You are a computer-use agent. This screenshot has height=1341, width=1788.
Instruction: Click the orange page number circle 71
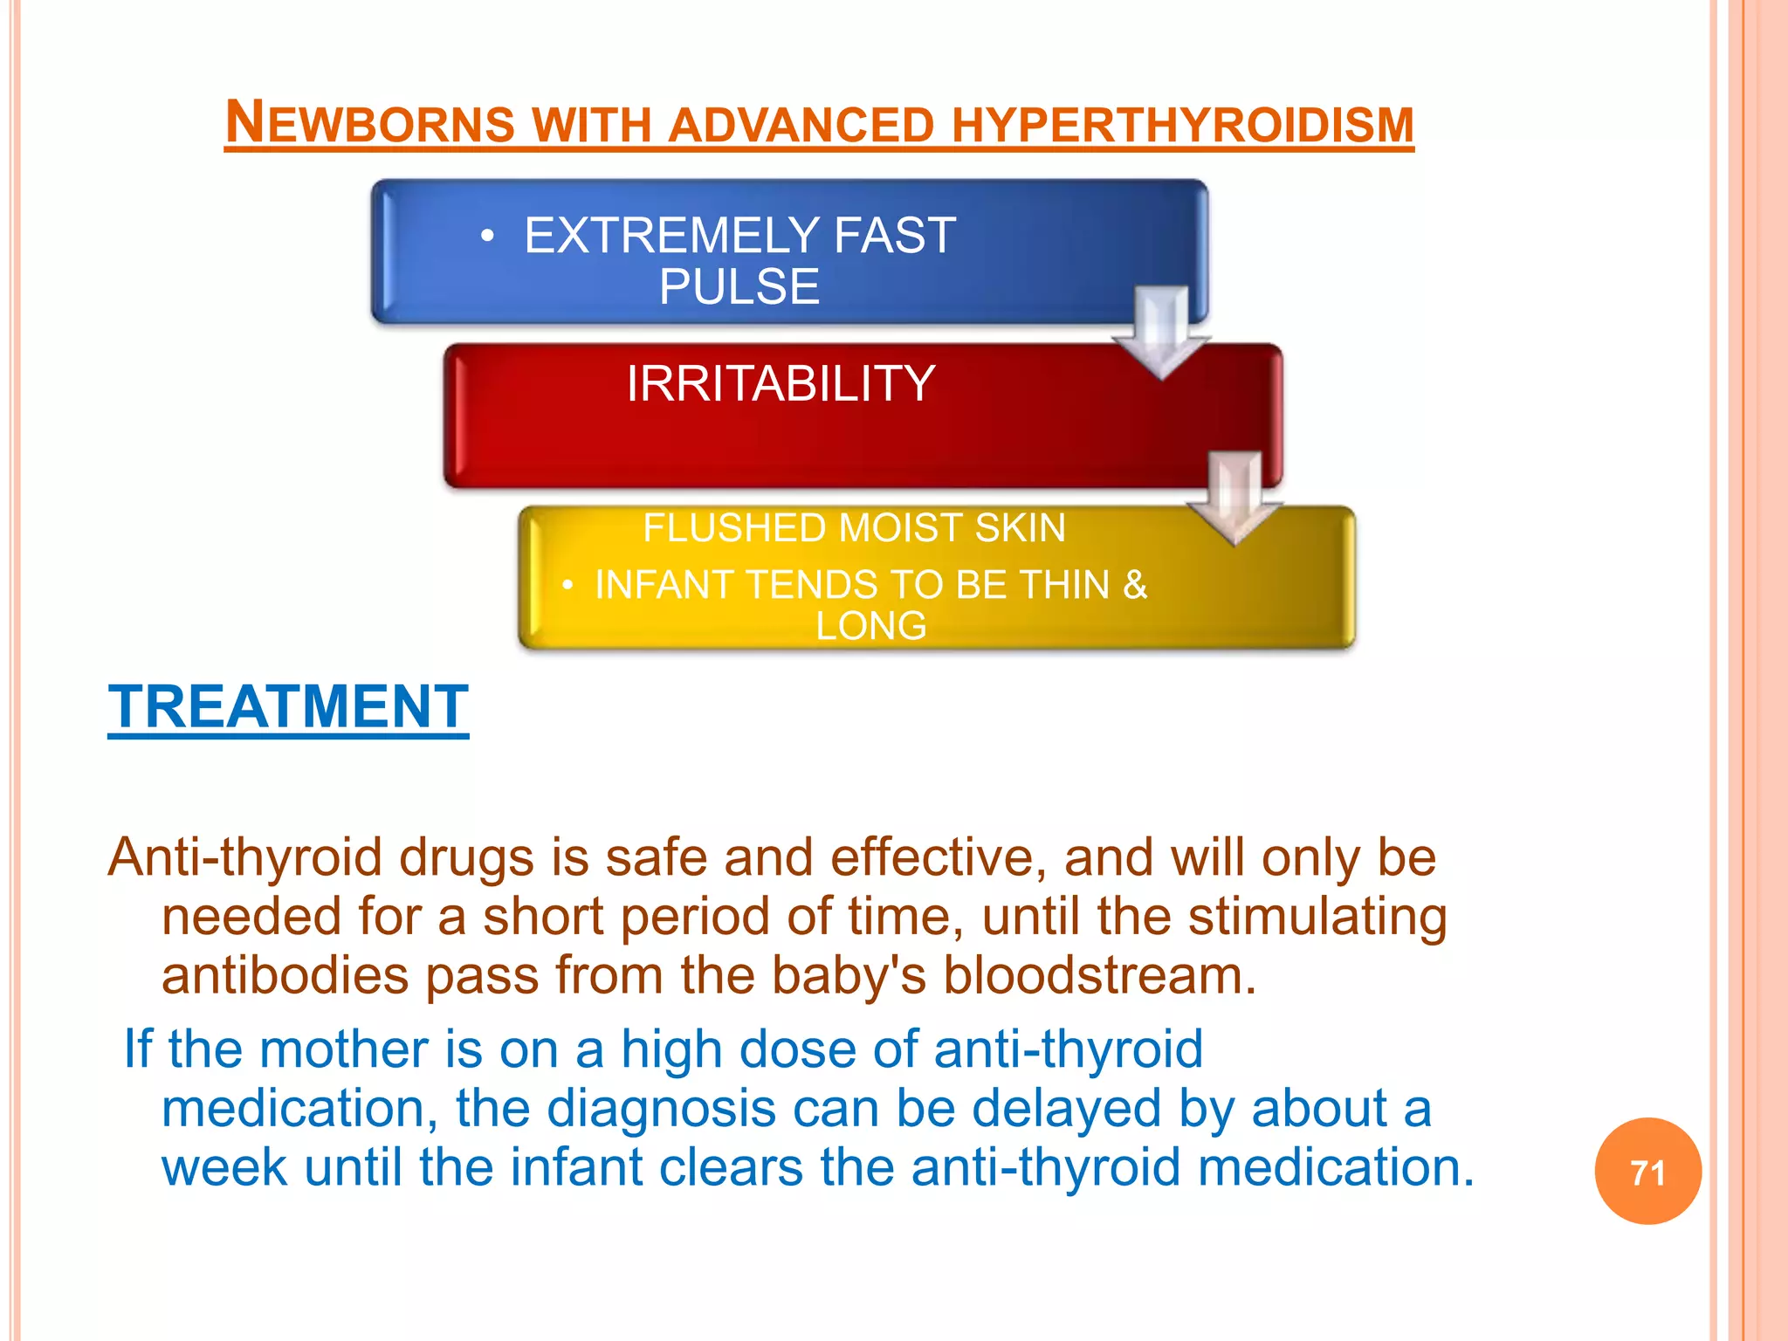(x=1647, y=1172)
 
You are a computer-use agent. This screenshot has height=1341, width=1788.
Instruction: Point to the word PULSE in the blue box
(x=739, y=286)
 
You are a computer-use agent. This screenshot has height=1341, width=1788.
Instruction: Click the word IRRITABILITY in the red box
(x=781, y=383)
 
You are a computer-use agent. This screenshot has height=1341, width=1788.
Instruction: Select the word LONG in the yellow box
(x=870, y=626)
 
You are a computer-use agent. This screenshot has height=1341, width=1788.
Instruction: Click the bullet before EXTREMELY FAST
(x=488, y=236)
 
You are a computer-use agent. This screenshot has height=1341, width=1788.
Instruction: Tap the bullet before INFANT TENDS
(x=567, y=585)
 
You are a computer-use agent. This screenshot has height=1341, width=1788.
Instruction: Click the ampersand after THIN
(x=1134, y=585)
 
